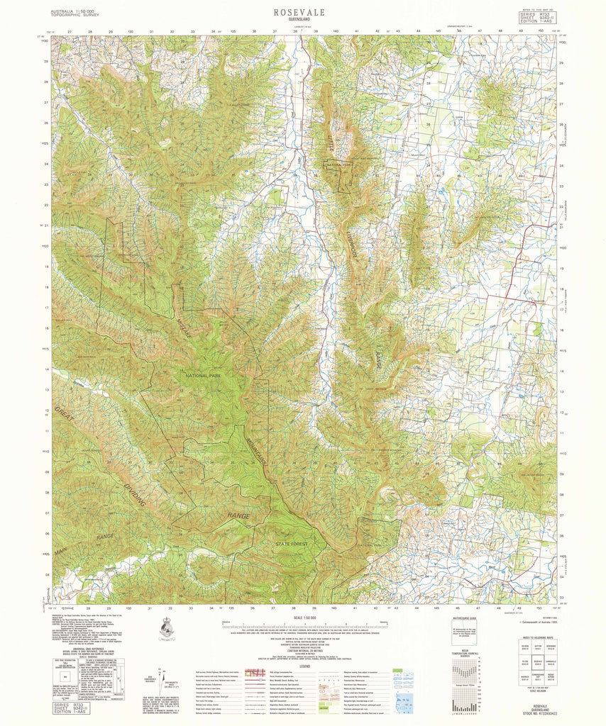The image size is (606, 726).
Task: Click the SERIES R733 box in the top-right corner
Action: pos(536,17)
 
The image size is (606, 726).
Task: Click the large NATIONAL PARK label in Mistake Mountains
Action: pos(204,376)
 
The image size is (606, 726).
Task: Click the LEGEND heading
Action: pos(304,666)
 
